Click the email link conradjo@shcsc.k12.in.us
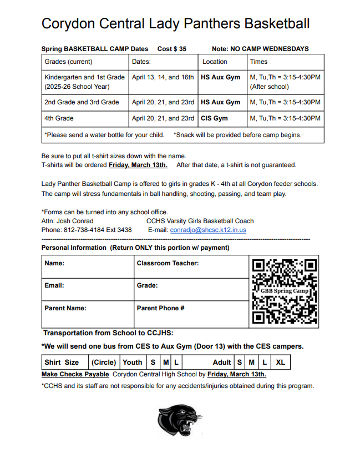(208, 229)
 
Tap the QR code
(285, 291)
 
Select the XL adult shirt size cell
(281, 363)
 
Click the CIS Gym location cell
(214, 118)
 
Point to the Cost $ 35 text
(172, 49)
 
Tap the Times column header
(258, 62)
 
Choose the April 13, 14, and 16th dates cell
(163, 77)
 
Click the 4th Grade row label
(59, 118)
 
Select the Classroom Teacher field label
(168, 263)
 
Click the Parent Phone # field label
(160, 308)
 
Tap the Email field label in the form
(54, 285)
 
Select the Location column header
(215, 62)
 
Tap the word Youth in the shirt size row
(132, 363)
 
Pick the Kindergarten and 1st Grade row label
(84, 77)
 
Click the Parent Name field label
(65, 308)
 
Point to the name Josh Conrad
(75, 220)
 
